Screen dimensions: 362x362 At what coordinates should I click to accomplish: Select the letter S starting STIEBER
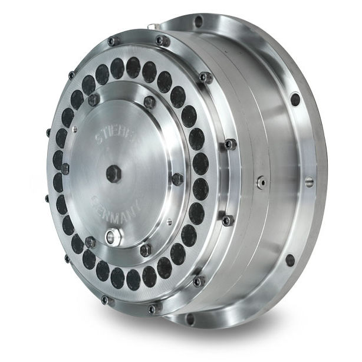click(x=98, y=142)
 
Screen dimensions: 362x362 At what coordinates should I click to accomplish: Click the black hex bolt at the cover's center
click(x=112, y=172)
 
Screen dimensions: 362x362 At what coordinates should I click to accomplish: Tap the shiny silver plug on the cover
click(x=113, y=237)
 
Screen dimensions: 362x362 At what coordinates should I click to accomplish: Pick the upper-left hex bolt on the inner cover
click(x=94, y=100)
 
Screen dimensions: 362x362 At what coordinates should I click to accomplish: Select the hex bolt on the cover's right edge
click(x=177, y=178)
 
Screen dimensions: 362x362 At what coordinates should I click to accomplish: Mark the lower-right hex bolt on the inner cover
click(x=146, y=250)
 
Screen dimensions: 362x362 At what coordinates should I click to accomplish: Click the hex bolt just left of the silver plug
click(x=90, y=242)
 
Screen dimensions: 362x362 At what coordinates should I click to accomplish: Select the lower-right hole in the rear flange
click(x=290, y=259)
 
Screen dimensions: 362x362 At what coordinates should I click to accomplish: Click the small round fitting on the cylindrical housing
click(x=259, y=183)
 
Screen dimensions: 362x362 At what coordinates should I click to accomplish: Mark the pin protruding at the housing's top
click(x=153, y=26)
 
